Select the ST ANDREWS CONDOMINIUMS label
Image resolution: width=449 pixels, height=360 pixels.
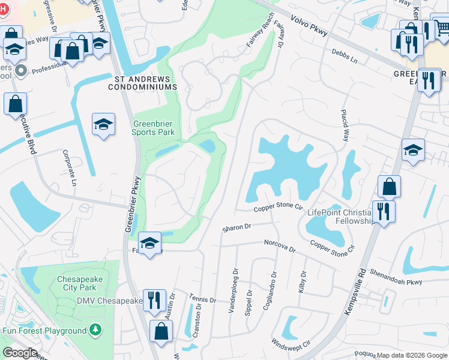tap(142, 83)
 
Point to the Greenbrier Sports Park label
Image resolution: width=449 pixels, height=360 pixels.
tap(154, 128)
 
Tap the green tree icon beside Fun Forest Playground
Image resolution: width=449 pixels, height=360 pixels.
tap(94, 331)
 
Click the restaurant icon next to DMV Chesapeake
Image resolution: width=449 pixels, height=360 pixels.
tap(154, 300)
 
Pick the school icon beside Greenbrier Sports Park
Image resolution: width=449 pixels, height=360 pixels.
tap(104, 125)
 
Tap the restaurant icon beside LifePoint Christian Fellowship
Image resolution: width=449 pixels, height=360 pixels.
tap(382, 211)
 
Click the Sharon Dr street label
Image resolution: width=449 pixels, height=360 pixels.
tap(236, 227)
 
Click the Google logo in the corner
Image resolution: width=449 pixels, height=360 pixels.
tap(20, 353)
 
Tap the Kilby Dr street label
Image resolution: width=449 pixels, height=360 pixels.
tap(302, 282)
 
